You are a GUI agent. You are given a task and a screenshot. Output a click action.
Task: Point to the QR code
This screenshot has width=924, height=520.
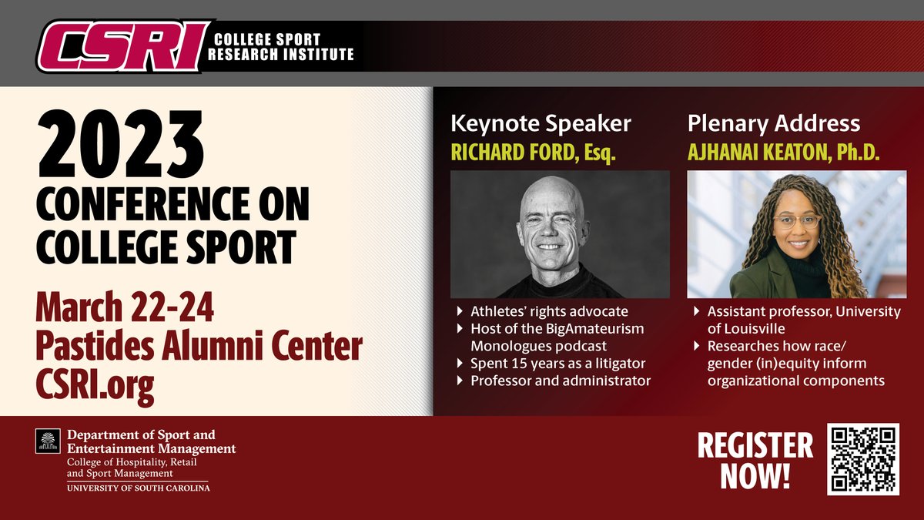pyautogui.click(x=862, y=459)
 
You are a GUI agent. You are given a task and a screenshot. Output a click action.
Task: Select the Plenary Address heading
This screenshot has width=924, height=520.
pyautogui.click(x=773, y=123)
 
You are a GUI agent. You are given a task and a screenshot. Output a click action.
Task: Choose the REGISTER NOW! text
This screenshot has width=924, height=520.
pyautogui.click(x=755, y=460)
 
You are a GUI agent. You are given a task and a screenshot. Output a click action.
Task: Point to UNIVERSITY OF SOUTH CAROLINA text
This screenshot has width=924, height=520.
pyautogui.click(x=138, y=488)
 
